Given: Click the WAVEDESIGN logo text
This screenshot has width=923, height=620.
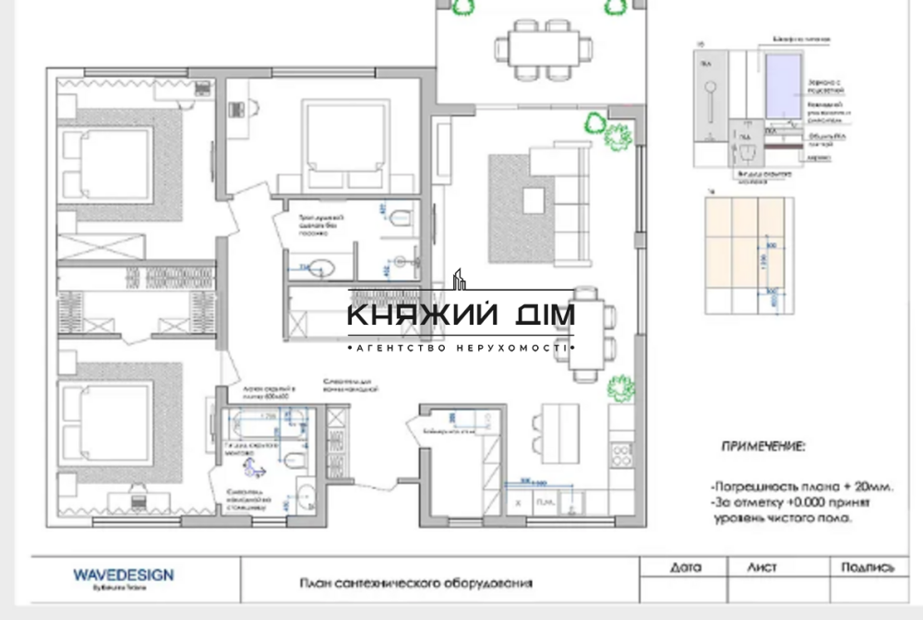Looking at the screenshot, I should (123, 575).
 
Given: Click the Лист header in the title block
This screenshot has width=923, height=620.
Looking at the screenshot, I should (763, 567).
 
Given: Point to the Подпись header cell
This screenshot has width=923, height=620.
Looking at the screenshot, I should (868, 567).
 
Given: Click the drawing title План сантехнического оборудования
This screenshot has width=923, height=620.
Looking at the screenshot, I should (416, 583).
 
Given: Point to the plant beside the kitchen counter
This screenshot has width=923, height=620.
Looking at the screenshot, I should (621, 387).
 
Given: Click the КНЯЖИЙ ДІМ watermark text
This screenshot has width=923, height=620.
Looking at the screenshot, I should (461, 316).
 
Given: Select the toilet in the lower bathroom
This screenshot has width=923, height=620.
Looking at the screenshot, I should (294, 459).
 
